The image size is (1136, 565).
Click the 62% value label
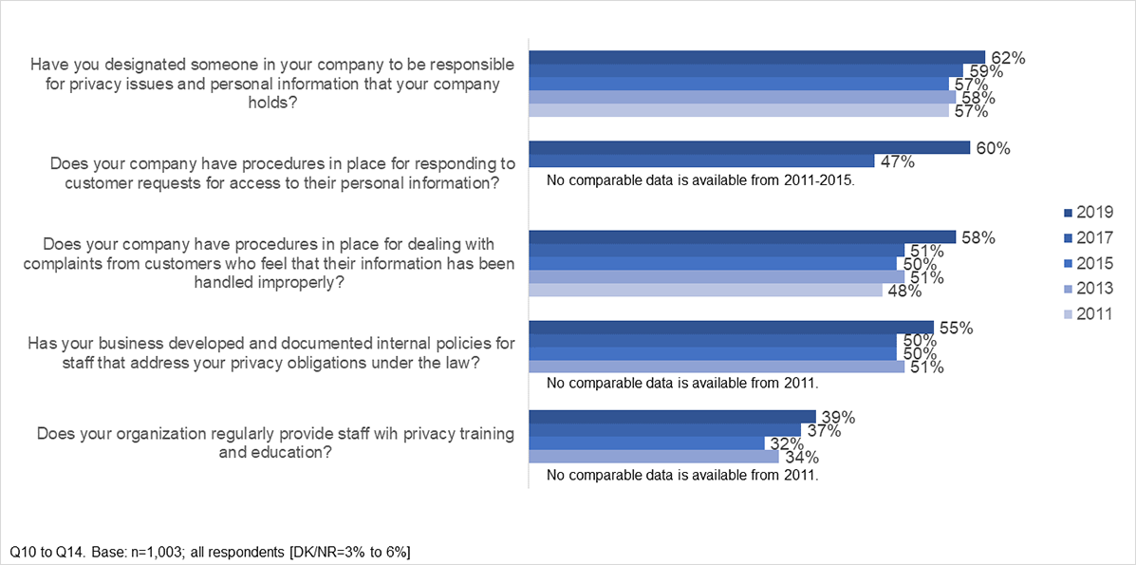pyautogui.click(x=1007, y=57)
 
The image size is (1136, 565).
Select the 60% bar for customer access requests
pyautogui.click(x=749, y=147)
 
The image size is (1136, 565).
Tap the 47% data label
pyautogui.click(x=897, y=162)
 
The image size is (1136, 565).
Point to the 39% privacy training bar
pyautogui.click(x=672, y=416)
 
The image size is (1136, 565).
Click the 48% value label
pyautogui.click(x=904, y=292)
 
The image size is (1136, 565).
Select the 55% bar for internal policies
pyautogui.click(x=731, y=328)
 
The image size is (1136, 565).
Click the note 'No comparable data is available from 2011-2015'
pyautogui.click(x=702, y=179)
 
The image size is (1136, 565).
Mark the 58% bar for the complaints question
pyautogui.click(x=741, y=236)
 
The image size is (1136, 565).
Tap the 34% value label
pyautogui.click(x=800, y=458)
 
